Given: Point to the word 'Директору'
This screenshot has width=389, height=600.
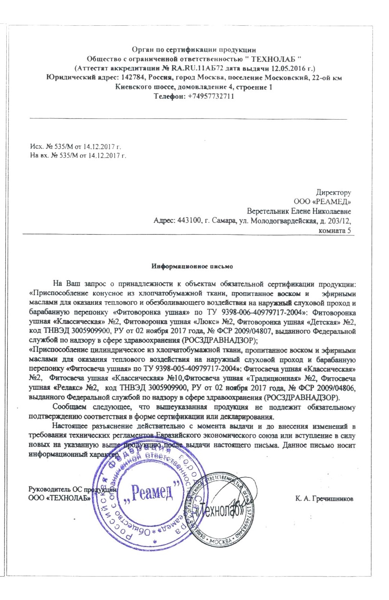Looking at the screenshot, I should click(x=333, y=193).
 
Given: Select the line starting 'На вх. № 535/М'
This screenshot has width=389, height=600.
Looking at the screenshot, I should click(x=78, y=155).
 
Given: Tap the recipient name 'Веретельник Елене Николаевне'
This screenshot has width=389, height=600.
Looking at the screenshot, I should click(x=299, y=211).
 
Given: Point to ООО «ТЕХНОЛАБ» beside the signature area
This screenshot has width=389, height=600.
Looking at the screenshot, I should click(x=60, y=498).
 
